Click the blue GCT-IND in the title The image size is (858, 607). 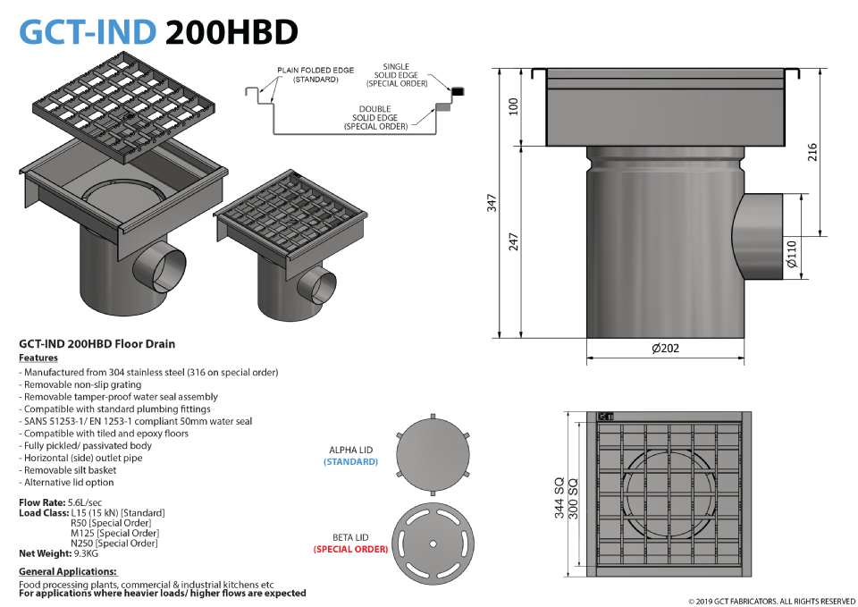point(88,32)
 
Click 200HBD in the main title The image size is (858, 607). point(231,32)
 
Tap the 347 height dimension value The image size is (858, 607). point(492,203)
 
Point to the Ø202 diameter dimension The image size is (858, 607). point(665,348)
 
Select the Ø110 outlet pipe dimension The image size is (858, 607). point(792,254)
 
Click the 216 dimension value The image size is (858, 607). point(812,152)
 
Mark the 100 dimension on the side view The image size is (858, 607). point(513,106)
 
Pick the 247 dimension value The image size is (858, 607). point(513,242)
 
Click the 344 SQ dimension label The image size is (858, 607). point(559,498)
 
